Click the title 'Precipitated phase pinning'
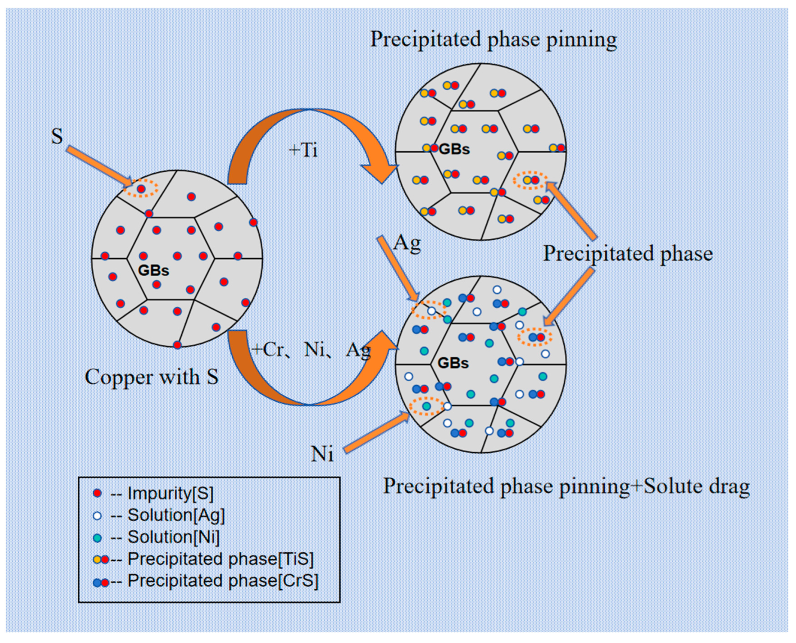(493, 40)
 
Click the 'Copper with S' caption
(151, 377)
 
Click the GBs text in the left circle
(153, 270)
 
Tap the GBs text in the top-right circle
(454, 149)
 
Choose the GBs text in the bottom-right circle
(453, 363)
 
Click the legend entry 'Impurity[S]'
(170, 493)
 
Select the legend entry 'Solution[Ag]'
(176, 515)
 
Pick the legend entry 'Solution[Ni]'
(173, 537)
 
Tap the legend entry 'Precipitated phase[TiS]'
(220, 559)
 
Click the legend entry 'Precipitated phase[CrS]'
(223, 581)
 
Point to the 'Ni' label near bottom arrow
(322, 453)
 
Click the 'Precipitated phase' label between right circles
(628, 254)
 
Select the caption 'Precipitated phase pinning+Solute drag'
(567, 486)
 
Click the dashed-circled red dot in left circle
(141, 189)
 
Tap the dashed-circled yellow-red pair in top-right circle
(531, 180)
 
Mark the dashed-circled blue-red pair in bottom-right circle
(536, 337)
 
